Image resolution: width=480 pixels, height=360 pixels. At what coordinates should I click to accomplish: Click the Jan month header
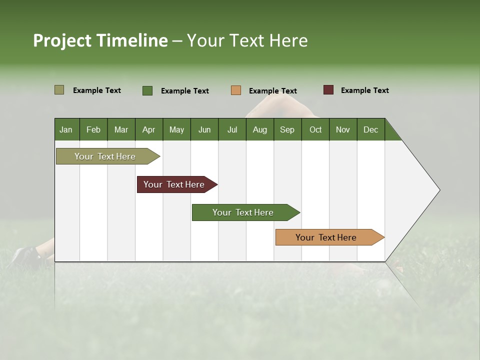[66, 129]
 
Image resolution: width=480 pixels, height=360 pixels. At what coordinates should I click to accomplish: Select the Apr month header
[149, 129]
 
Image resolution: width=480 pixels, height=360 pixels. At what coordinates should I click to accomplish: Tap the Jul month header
[232, 129]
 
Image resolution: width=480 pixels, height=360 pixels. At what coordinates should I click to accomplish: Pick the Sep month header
[287, 129]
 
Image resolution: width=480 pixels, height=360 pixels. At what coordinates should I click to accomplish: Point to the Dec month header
[370, 129]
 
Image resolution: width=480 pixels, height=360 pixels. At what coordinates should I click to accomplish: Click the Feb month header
[93, 129]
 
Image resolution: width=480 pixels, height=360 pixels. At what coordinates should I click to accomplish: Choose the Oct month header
[315, 129]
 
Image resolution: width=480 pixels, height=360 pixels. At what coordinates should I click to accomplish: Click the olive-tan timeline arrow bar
[105, 156]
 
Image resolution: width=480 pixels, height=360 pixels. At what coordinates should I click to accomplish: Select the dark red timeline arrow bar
[174, 184]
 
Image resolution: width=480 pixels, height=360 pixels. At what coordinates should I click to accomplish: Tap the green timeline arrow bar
[243, 212]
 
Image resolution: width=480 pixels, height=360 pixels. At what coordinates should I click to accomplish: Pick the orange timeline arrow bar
[326, 237]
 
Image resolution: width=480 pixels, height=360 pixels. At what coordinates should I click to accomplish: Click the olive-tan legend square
[59, 90]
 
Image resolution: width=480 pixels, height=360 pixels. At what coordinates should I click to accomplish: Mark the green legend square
[147, 90]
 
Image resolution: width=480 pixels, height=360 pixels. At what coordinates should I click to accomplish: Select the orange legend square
[236, 90]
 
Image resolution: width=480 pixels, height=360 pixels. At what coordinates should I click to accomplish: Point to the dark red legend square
[328, 90]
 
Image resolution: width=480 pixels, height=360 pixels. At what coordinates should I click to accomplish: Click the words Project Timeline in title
[100, 40]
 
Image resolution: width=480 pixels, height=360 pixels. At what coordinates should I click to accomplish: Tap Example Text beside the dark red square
[364, 90]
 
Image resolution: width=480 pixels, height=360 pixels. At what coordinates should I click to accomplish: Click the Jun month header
[204, 129]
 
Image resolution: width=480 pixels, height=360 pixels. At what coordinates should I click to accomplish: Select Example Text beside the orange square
[272, 91]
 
